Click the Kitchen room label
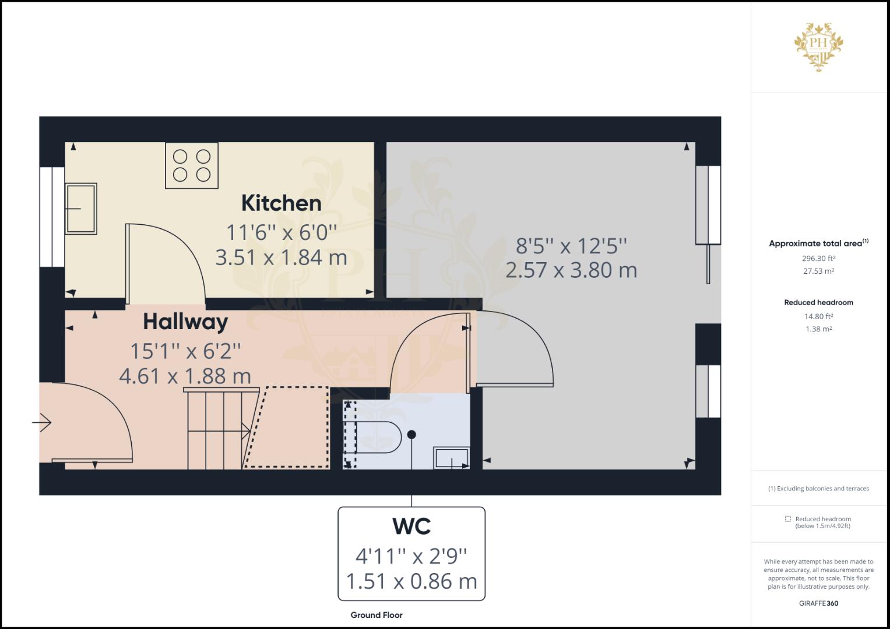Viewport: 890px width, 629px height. [x=282, y=203]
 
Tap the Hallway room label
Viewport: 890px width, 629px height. [x=185, y=322]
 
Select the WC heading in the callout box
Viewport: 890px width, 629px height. [x=411, y=526]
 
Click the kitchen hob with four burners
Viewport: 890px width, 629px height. [x=192, y=165]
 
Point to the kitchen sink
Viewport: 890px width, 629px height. [x=81, y=209]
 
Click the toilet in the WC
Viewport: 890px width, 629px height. [x=378, y=437]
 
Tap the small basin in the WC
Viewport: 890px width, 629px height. [x=452, y=458]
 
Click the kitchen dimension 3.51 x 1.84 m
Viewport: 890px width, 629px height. [x=282, y=257]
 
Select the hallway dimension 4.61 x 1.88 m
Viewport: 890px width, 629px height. [x=185, y=376]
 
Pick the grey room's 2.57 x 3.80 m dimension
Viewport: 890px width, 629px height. [x=571, y=270]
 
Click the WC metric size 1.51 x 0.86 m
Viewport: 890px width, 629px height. [x=411, y=581]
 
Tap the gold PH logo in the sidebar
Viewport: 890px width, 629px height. [x=818, y=47]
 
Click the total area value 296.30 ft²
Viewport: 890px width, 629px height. [x=818, y=258]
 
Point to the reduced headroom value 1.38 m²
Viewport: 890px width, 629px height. [x=818, y=329]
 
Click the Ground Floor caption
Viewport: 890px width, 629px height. [x=377, y=615]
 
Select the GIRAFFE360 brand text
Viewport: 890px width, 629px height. [x=818, y=603]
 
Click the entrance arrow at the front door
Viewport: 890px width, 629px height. [x=42, y=422]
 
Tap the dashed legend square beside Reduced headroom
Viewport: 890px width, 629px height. [x=788, y=518]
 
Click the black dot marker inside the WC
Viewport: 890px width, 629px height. [x=411, y=435]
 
